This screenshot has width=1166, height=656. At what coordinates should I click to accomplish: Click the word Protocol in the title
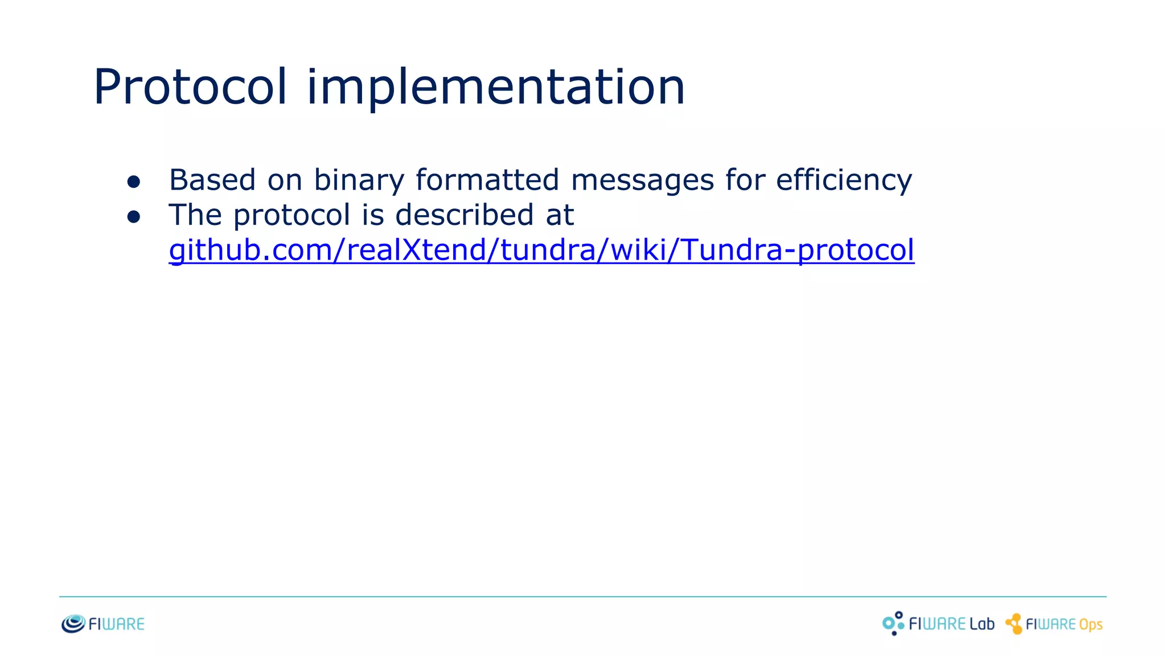190,87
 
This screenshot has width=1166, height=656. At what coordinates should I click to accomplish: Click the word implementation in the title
495,87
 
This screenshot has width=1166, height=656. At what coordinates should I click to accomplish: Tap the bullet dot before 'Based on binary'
134,182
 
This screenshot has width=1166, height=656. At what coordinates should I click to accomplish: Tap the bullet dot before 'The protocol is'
134,216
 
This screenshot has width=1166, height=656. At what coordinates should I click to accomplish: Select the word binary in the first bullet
359,181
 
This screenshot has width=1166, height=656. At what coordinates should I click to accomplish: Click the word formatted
487,181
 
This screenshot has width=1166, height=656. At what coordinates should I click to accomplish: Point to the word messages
642,181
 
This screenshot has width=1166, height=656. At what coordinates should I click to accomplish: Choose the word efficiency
844,181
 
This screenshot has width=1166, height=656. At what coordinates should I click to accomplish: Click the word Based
212,181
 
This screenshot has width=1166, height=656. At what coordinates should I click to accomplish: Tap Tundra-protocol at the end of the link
797,251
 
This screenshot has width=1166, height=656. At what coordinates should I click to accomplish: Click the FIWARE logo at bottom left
103,624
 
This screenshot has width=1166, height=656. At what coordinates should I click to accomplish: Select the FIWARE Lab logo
938,624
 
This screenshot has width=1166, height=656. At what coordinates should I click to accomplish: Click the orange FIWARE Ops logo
1054,624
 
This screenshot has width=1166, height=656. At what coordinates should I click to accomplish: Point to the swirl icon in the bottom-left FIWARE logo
73,624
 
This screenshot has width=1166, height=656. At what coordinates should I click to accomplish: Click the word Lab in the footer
982,624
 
